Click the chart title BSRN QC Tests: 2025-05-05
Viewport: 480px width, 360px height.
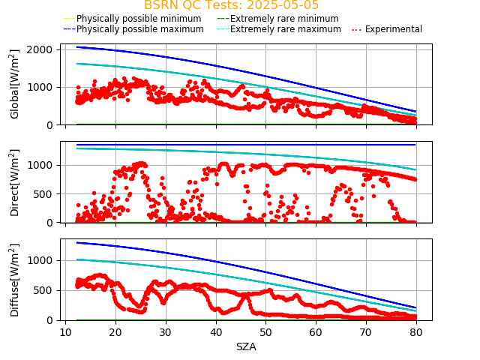(x=231, y=5)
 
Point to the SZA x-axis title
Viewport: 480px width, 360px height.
(x=246, y=346)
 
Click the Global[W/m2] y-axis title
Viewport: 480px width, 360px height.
(x=15, y=84)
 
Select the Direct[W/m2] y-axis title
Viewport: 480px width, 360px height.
(x=15, y=182)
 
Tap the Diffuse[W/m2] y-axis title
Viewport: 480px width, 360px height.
(x=15, y=280)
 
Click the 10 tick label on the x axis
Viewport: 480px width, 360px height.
(x=65, y=333)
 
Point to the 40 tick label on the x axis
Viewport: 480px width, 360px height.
(x=216, y=333)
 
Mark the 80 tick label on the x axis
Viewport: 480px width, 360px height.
(x=416, y=333)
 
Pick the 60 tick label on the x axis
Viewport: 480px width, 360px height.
(x=316, y=333)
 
